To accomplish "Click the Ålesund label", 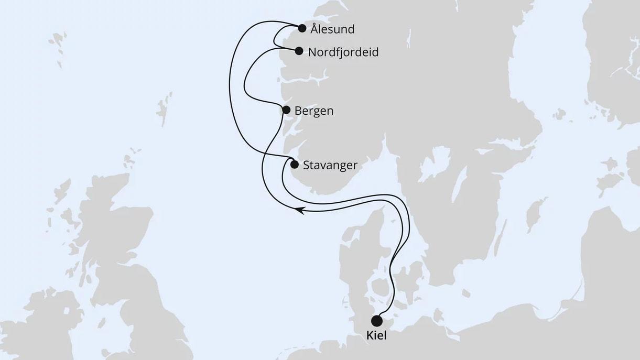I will coord(331,29).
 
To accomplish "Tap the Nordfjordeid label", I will coord(343,52).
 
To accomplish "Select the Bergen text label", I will coord(314,111).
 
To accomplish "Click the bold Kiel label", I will coord(377,336).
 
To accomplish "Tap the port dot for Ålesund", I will coord(302,28).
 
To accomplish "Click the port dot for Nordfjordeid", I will coord(299,51).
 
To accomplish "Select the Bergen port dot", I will coord(286,110).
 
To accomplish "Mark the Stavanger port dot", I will coord(295,165).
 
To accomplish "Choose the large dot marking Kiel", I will coord(377,321).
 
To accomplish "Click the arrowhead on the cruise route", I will coord(299,211).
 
